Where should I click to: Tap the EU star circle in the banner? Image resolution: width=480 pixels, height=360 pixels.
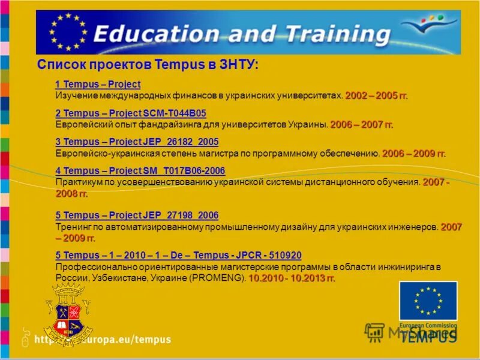pyautogui.click(x=68, y=31)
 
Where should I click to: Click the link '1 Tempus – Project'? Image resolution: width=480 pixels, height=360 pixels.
pyautogui.click(x=98, y=85)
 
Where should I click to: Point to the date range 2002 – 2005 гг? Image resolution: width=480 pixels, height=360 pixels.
pyautogui.click(x=376, y=95)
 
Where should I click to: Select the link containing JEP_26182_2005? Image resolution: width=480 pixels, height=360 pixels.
pyautogui.click(x=137, y=142)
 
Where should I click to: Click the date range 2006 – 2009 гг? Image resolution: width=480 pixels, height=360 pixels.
pyautogui.click(x=414, y=153)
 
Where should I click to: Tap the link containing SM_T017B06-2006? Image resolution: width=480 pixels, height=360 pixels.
pyautogui.click(x=140, y=171)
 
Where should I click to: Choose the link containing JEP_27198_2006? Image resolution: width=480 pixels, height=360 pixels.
pyautogui.click(x=137, y=215)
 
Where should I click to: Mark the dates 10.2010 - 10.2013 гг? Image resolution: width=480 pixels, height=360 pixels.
pyautogui.click(x=292, y=278)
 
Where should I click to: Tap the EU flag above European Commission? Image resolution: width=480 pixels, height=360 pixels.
pyautogui.click(x=428, y=301)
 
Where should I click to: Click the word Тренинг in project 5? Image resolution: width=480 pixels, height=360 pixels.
pyautogui.click(x=73, y=227)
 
